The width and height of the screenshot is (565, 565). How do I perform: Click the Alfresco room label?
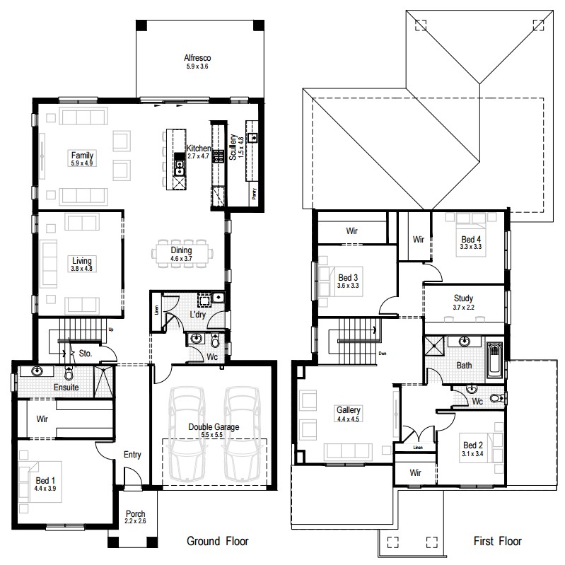tap(198, 57)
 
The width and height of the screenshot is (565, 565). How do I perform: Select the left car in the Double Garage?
tap(186, 433)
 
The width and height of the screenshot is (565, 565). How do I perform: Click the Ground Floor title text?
tap(217, 542)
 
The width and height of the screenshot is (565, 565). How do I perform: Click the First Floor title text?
tap(498, 542)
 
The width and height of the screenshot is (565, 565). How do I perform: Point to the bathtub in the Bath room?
tap(496, 361)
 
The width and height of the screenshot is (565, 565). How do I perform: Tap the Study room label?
tap(463, 298)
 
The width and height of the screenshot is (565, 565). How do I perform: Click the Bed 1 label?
tap(47, 481)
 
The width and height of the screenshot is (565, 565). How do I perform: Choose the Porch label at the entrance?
tap(136, 514)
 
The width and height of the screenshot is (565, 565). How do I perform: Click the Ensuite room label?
tap(66, 388)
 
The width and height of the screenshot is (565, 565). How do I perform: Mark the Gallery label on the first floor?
tap(349, 410)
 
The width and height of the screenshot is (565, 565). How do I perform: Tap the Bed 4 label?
tap(470, 238)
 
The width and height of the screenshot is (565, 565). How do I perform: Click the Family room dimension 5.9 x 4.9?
tap(81, 163)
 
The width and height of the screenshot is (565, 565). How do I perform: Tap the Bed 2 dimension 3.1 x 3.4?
tap(472, 455)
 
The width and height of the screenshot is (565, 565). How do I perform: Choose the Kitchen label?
tap(199, 148)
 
